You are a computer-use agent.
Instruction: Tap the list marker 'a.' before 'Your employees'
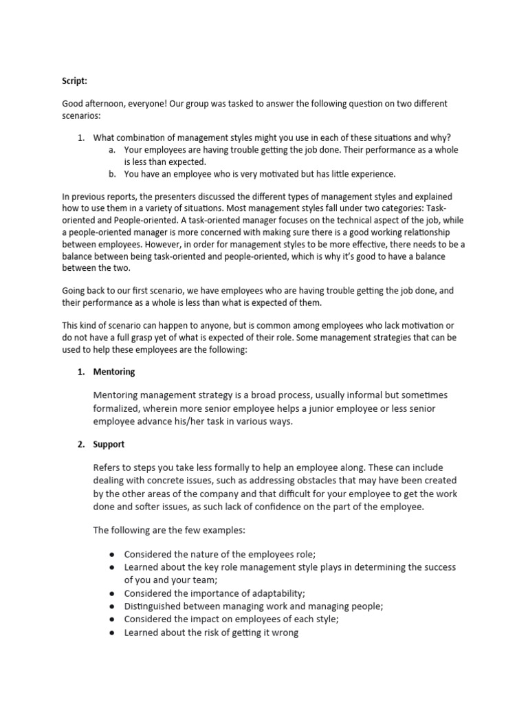(113, 149)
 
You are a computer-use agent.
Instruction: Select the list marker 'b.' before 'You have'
(113, 173)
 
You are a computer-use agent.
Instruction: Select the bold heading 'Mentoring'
(114, 371)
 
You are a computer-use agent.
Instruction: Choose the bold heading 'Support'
(109, 444)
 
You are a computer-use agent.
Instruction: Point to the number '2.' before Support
(80, 444)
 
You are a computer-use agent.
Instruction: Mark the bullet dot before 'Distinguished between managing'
(111, 606)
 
